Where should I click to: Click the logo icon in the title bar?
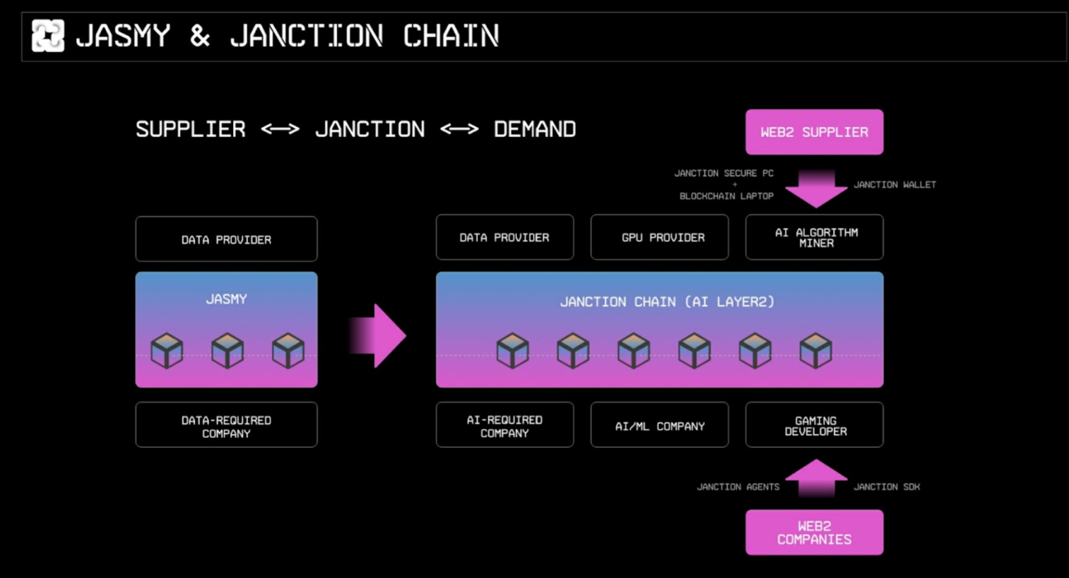48,35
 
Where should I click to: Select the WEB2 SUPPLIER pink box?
814,132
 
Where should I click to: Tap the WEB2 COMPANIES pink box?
814,532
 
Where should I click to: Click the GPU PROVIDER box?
659,237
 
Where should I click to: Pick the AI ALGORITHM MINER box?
814,237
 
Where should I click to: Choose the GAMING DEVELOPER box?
814,425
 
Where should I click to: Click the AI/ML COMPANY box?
659,425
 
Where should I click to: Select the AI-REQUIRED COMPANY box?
504,425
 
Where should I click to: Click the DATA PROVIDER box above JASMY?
226,239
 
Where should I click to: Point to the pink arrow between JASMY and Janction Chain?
378,336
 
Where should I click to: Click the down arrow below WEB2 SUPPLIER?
816,189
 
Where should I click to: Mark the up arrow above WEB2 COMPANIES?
816,478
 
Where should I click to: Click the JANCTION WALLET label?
895,185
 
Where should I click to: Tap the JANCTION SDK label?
887,487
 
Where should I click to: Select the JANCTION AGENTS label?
738,487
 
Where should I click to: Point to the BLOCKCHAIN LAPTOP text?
726,196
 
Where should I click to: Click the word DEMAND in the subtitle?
535,129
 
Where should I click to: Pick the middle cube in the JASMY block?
227,351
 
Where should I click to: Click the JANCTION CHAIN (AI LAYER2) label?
667,302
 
